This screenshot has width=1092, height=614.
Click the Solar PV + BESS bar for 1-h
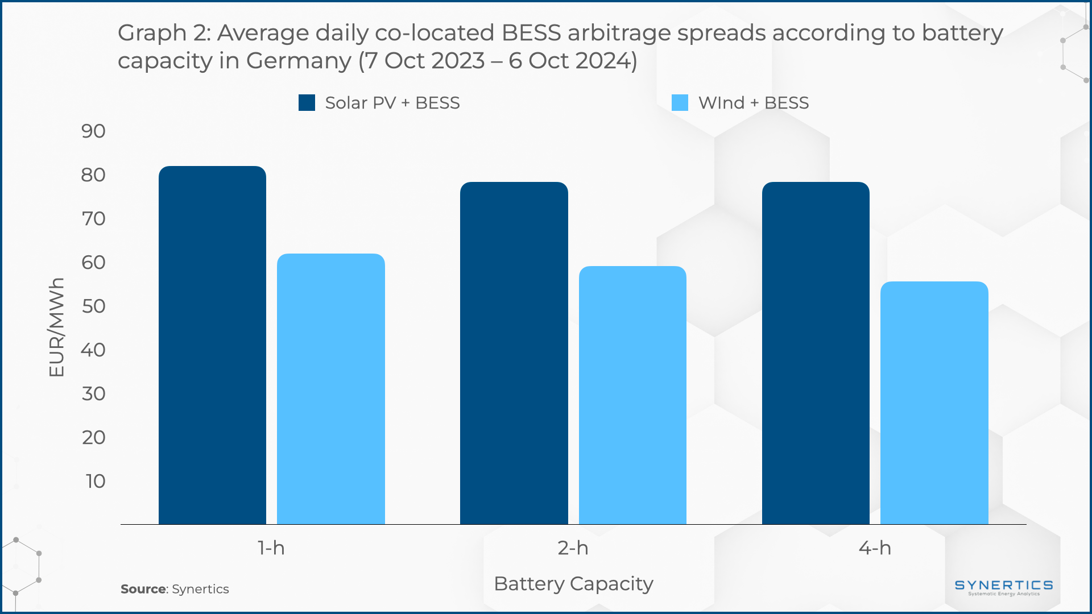click(212, 345)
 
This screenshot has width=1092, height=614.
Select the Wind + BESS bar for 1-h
click(330, 389)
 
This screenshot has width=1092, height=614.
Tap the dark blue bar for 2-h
click(514, 353)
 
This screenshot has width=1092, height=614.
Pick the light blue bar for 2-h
click(632, 395)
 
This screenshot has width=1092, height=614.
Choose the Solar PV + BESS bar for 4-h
click(816, 353)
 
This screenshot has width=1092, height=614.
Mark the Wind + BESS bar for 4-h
click(934, 403)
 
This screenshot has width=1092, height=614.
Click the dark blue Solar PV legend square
click(307, 103)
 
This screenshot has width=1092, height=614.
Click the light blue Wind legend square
click(680, 103)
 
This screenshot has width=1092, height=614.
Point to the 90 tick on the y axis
click(93, 131)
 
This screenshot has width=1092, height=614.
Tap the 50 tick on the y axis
click(93, 306)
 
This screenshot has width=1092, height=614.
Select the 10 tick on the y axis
click(96, 482)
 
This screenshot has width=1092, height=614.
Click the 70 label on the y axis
click(93, 219)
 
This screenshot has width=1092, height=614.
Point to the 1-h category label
click(271, 548)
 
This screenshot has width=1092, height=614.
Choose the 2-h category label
click(573, 548)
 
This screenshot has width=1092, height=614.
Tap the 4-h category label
click(875, 548)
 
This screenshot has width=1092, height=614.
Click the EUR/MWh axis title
click(56, 327)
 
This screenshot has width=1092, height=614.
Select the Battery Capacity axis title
click(573, 584)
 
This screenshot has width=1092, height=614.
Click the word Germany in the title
click(298, 61)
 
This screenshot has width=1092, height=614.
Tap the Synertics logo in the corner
click(1003, 587)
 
